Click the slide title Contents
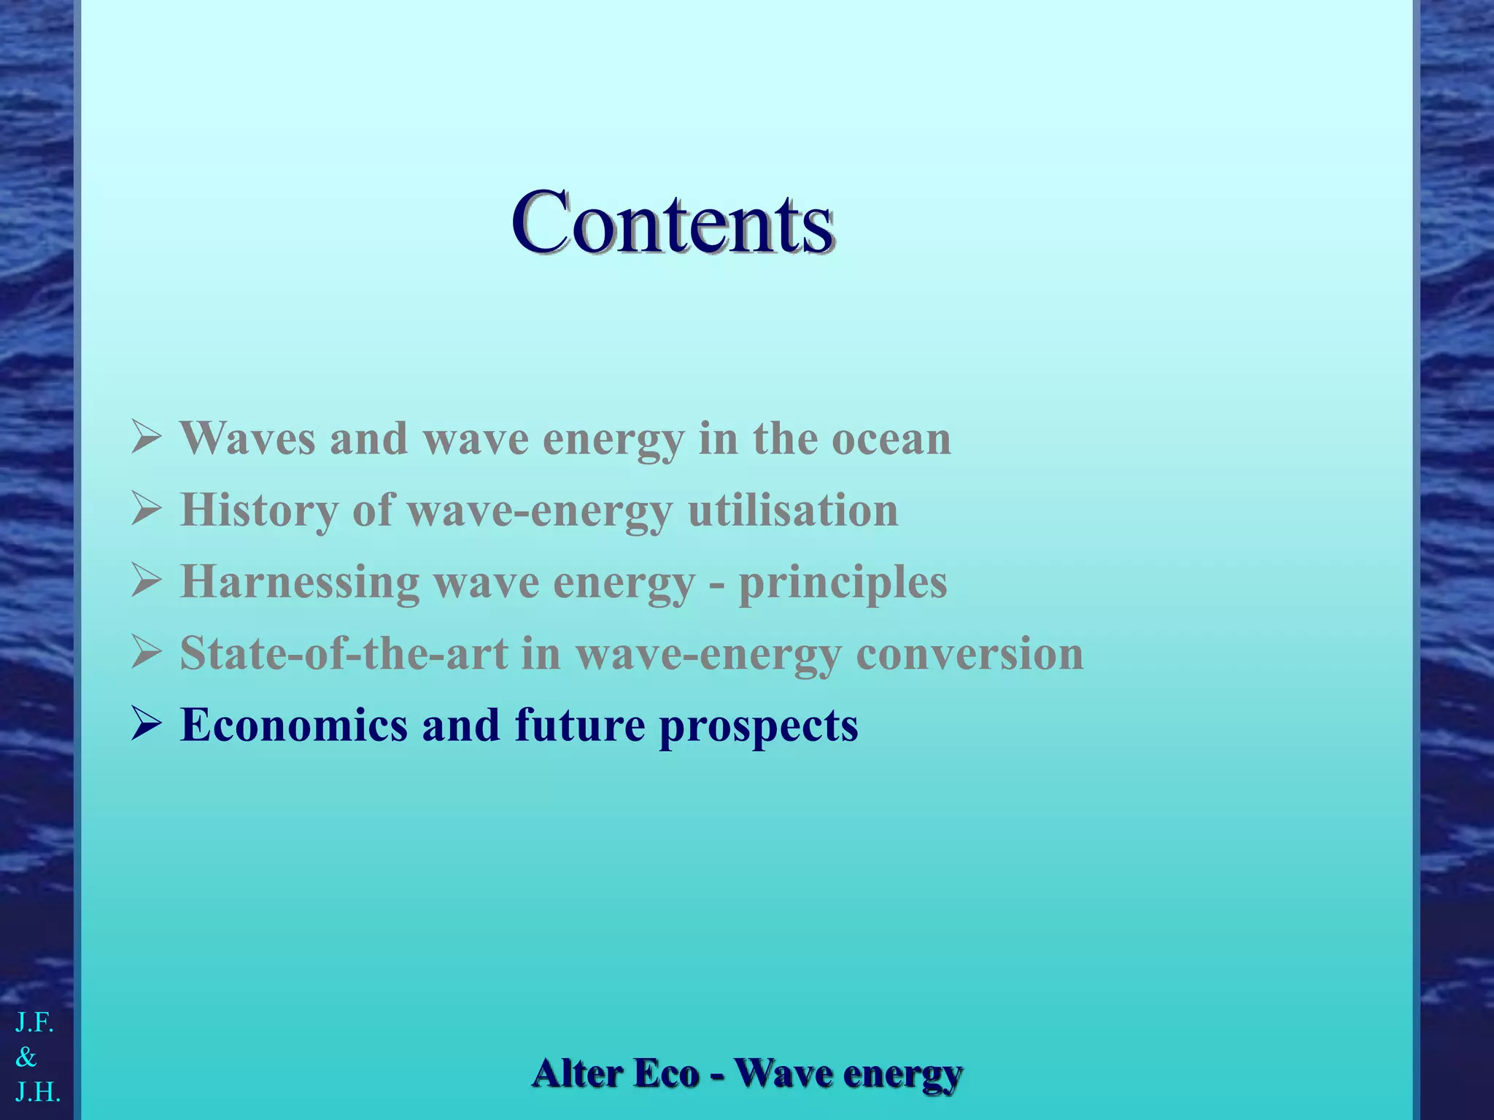tap(672, 222)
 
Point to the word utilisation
tap(793, 510)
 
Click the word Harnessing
tap(300, 582)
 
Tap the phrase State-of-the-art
tap(344, 653)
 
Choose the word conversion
tap(969, 653)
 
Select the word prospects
tap(759, 726)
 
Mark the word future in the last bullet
tap(580, 725)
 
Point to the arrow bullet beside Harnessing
tap(146, 581)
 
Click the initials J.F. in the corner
tap(35, 1023)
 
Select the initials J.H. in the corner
tap(38, 1092)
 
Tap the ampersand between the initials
tap(26, 1057)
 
